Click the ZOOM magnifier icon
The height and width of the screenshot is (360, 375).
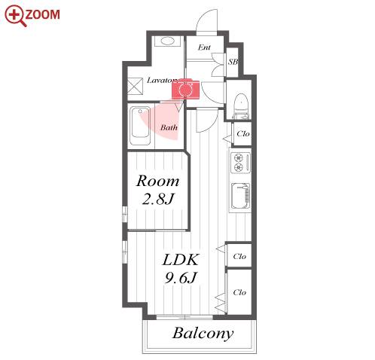point(15,16)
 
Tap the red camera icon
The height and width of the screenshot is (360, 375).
point(185,90)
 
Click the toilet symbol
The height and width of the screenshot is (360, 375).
point(241,106)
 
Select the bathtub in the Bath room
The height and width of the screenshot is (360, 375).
point(140,127)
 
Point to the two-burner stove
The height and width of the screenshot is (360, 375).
point(240,163)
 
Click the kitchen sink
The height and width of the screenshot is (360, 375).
point(240,196)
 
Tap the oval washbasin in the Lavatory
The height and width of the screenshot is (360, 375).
point(167,41)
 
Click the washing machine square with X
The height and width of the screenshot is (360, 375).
point(135,86)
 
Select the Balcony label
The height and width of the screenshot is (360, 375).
point(203,334)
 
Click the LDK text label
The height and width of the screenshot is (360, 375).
point(181,260)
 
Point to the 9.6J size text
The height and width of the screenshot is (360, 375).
point(180,278)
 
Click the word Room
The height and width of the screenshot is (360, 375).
point(157,181)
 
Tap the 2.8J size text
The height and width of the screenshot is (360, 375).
point(158,199)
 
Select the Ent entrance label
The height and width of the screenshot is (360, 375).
point(204,47)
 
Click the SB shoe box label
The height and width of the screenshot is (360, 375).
point(233,62)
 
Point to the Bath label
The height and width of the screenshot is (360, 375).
point(169,127)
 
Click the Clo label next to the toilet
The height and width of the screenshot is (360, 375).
point(243,134)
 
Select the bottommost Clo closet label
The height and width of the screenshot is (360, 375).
point(239,292)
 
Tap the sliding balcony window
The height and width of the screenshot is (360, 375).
point(184,317)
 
